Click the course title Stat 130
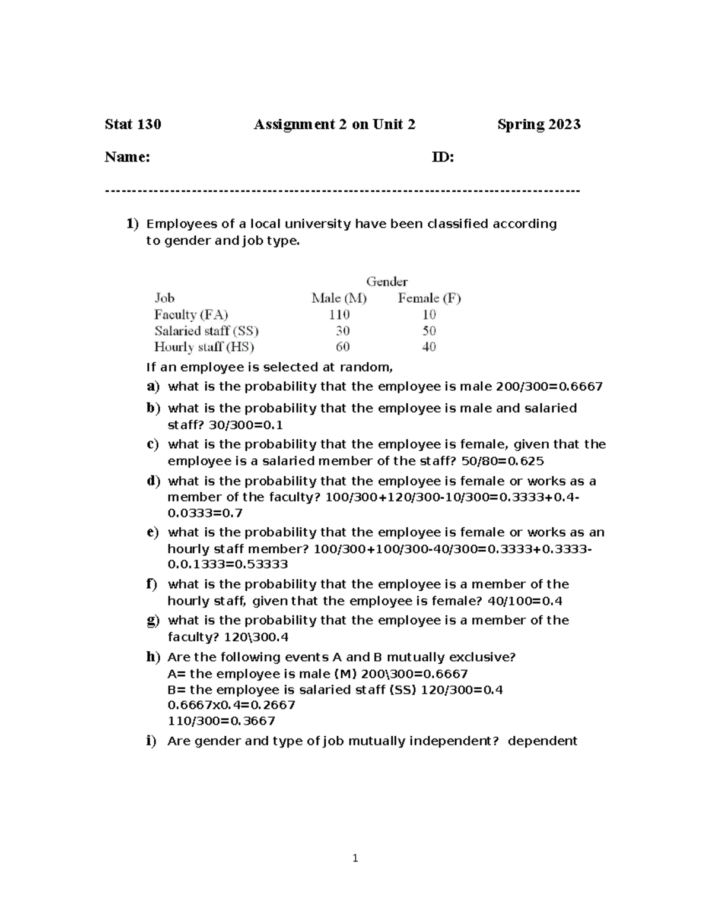[x=132, y=124]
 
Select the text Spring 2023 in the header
[x=539, y=124]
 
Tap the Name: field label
[x=127, y=157]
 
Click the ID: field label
[x=443, y=157]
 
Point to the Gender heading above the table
[x=386, y=281]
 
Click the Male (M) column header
[x=339, y=298]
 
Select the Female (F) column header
[x=429, y=298]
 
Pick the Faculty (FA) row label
[x=191, y=315]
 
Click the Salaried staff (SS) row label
[x=206, y=331]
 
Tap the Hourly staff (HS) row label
[x=204, y=347]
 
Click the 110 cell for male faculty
[x=339, y=315]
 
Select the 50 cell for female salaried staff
[x=429, y=331]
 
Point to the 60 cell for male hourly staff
[x=342, y=347]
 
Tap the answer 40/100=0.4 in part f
[x=525, y=601]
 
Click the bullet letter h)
[x=153, y=657]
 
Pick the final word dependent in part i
[x=542, y=741]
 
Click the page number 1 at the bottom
[x=355, y=858]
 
